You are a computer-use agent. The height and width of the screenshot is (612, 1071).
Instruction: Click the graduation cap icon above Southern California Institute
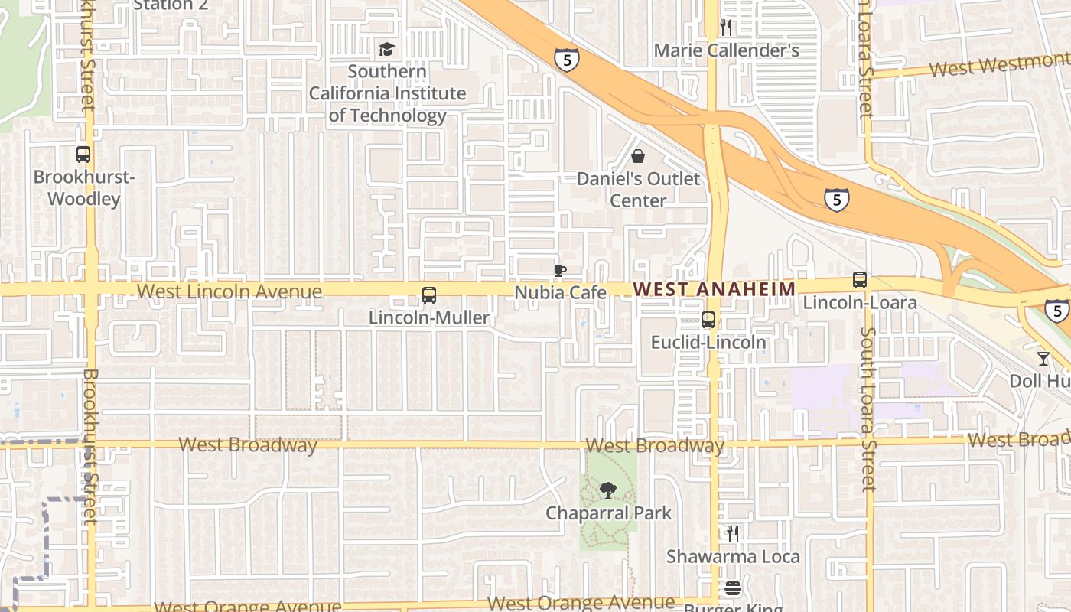pos(387,50)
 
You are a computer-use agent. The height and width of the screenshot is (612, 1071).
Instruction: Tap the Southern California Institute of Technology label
pos(387,93)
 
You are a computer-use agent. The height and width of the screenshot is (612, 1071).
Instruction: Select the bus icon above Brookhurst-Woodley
pos(83,155)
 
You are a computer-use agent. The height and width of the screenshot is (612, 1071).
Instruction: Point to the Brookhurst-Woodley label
pos(83,188)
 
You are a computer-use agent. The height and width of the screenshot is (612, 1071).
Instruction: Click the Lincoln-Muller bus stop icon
pos(429,295)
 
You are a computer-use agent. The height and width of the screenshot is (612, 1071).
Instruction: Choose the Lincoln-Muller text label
pos(428,317)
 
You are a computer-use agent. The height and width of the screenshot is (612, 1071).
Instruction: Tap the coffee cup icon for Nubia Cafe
pos(560,270)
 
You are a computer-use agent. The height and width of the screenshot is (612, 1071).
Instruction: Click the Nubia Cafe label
pos(560,292)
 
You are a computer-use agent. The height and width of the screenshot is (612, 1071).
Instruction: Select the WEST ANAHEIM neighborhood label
pos(715,288)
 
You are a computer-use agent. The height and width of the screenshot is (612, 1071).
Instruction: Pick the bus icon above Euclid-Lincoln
pos(708,320)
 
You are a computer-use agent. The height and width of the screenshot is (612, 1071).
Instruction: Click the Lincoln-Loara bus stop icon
pos(860,280)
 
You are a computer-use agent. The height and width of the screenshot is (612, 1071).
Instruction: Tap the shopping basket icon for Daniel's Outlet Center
pos(638,157)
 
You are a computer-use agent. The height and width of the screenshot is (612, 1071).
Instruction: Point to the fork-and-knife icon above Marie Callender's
pos(726,28)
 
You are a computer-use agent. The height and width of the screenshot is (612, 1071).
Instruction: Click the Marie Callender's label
pos(726,50)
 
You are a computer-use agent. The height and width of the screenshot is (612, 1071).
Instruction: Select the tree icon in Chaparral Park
pos(608,490)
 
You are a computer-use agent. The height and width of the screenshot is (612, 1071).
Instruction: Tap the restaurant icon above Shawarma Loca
pos(733,533)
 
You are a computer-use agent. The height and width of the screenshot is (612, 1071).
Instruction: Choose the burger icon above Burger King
pos(733,588)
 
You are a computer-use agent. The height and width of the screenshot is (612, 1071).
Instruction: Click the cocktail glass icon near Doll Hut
pos(1043,358)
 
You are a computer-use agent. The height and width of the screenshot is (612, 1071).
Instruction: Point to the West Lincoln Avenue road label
pos(229,291)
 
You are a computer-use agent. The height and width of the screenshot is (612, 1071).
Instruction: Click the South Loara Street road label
pos(868,409)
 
